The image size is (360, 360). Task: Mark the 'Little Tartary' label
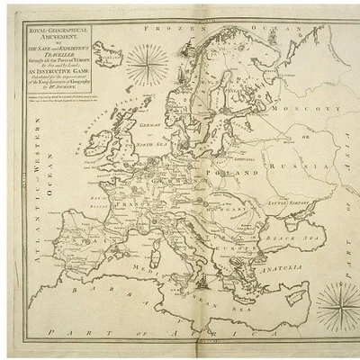point(286,203)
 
